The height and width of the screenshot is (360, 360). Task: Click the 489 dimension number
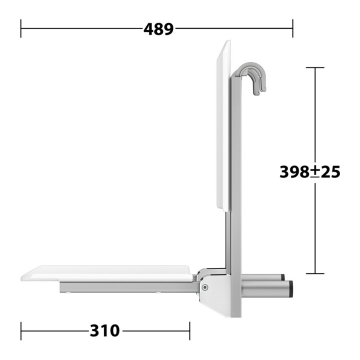click(x=158, y=29)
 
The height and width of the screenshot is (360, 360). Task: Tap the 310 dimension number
click(x=105, y=331)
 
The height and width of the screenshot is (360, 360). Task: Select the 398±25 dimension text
click(x=309, y=171)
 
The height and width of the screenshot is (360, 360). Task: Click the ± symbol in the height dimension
click(x=315, y=172)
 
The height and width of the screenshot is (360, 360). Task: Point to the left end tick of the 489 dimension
click(x=21, y=28)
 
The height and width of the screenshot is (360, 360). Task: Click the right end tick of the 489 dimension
click(x=292, y=28)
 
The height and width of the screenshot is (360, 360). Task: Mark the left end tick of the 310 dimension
click(x=21, y=331)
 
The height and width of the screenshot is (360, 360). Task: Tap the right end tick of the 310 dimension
click(x=189, y=331)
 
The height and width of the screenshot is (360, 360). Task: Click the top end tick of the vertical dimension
click(x=315, y=67)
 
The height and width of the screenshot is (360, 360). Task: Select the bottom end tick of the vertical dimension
click(x=315, y=273)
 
